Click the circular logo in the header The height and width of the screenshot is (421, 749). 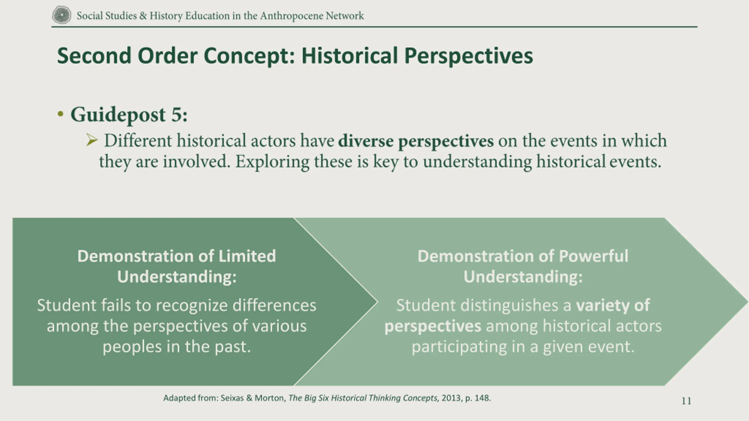point(61,15)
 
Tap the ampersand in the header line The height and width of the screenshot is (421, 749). point(143,15)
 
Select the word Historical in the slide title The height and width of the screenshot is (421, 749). point(350,56)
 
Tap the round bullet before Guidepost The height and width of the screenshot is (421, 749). point(61,114)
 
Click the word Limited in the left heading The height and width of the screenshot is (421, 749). point(247,256)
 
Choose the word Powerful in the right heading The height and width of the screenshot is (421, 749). point(593,256)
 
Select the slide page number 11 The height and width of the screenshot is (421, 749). point(686,401)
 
